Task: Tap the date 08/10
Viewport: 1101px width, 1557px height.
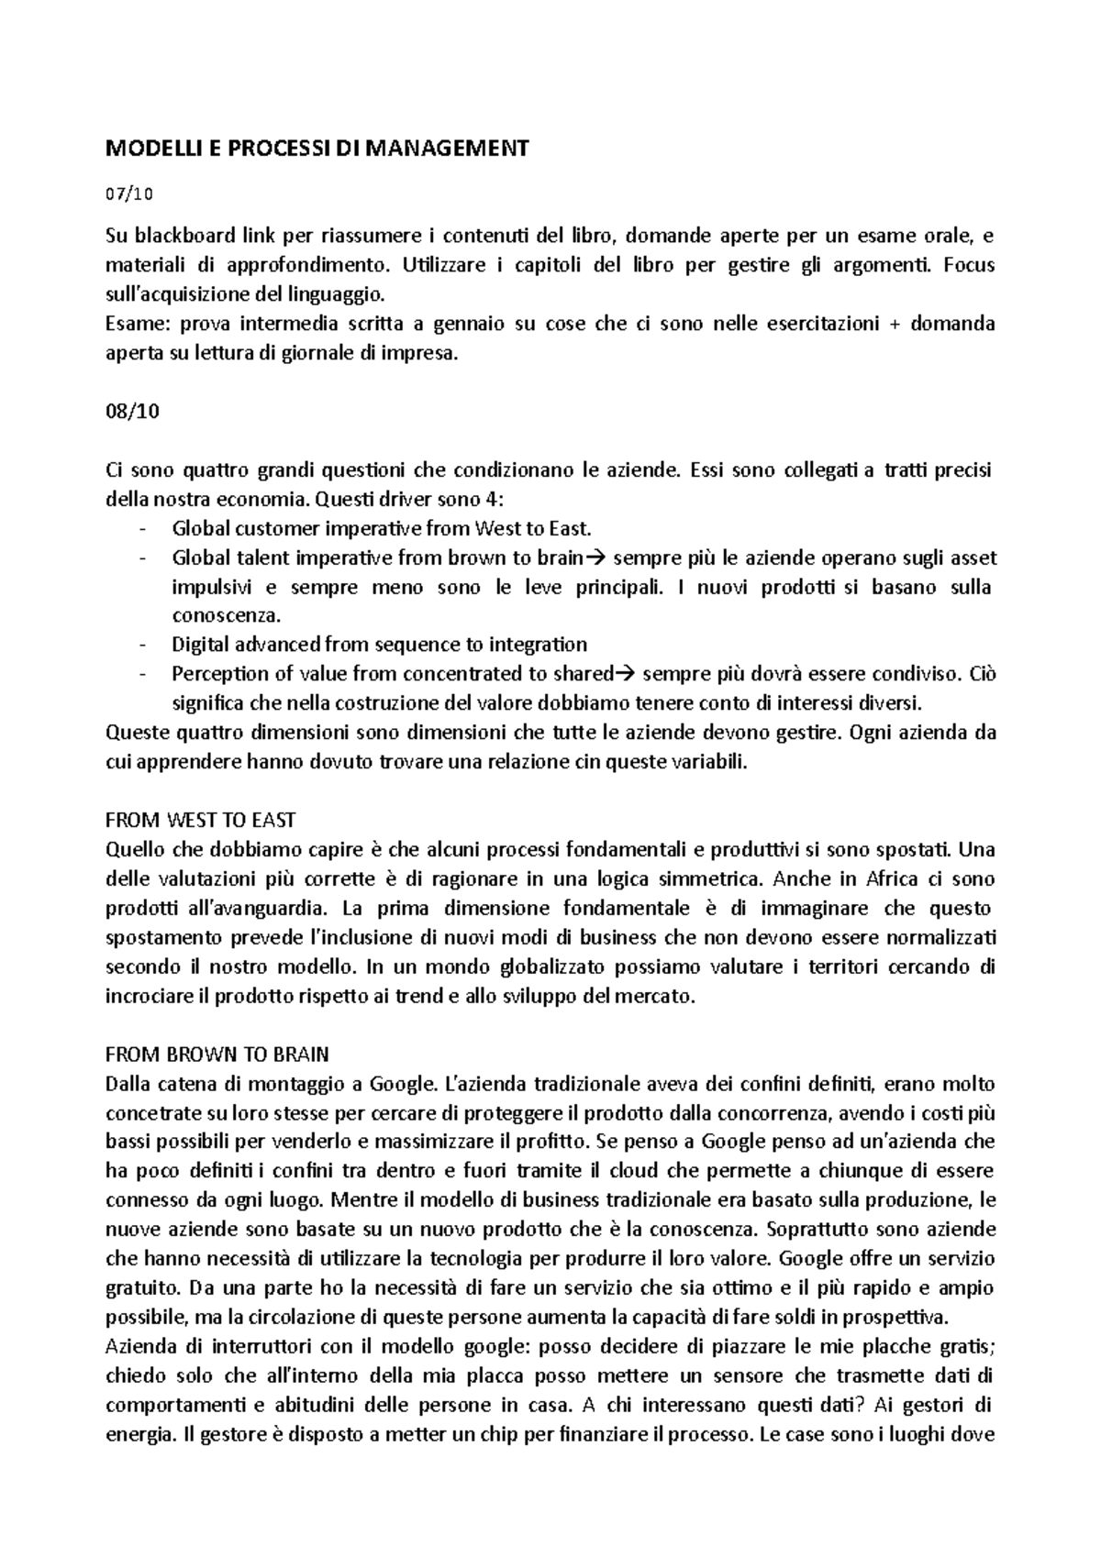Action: point(133,411)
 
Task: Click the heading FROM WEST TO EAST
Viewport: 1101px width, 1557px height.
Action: point(201,820)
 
